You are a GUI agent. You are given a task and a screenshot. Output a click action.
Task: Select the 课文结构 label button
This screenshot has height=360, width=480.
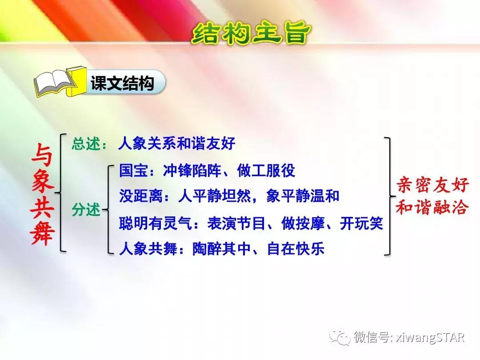pyautogui.click(x=122, y=84)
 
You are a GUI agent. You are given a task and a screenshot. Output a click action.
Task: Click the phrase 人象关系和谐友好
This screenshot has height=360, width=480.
pyautogui.click(x=176, y=144)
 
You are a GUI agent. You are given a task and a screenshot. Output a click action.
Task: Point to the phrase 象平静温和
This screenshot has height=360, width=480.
pyautogui.click(x=303, y=196)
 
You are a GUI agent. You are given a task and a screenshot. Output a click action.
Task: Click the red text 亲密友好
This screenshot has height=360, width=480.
pyautogui.click(x=432, y=186)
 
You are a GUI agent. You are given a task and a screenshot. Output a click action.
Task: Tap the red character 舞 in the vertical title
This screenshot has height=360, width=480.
pyautogui.click(x=43, y=235)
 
